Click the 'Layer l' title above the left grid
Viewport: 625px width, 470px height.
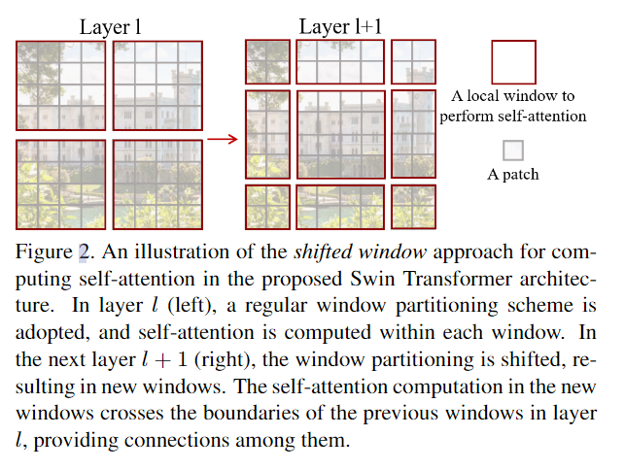pyautogui.click(x=110, y=27)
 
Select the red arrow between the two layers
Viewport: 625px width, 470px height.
pyautogui.click(x=223, y=139)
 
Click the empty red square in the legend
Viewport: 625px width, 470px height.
pyautogui.click(x=513, y=62)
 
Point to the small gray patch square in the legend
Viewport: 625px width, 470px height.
pyautogui.click(x=512, y=151)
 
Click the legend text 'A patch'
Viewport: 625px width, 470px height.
pyautogui.click(x=512, y=175)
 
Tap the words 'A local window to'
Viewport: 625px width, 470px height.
pyautogui.click(x=513, y=96)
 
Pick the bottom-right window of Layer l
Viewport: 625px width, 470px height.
pyautogui.click(x=157, y=184)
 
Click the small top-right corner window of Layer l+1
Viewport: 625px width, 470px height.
pyautogui.click(x=413, y=61)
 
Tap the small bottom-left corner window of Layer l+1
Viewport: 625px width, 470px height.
pyautogui.click(x=267, y=206)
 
